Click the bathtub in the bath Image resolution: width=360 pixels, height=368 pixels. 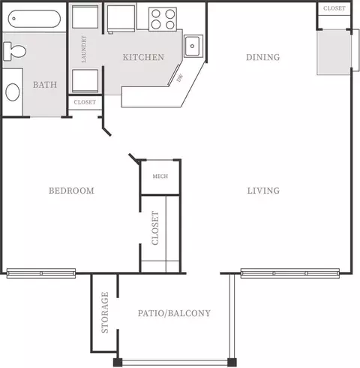click(34, 19)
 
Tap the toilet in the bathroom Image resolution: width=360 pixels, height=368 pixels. click(14, 51)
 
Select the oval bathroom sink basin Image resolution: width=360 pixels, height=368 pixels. click(13, 92)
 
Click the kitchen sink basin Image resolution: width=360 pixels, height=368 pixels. click(192, 46)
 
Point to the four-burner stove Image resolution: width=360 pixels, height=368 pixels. click(163, 20)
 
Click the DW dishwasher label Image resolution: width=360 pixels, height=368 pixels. click(180, 78)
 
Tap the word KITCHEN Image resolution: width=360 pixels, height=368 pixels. click(143, 57)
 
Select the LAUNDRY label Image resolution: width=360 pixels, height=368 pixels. click(84, 49)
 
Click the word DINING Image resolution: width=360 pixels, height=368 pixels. click(263, 57)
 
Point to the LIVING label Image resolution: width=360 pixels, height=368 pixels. click(263, 191)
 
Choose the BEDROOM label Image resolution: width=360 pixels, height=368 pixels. click(71, 191)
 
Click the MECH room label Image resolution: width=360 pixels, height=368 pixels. click(160, 176)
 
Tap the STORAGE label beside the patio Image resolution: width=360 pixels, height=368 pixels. click(105, 312)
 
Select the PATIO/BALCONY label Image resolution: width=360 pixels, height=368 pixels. click(174, 313)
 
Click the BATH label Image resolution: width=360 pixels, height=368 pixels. click(45, 85)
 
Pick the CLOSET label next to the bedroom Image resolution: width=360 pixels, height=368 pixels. click(155, 228)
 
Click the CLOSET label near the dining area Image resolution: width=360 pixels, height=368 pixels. click(334, 8)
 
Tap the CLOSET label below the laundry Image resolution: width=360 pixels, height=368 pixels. click(85, 102)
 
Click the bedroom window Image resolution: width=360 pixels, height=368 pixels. click(41, 273)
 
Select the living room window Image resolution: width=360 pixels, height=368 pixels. click(290, 273)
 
